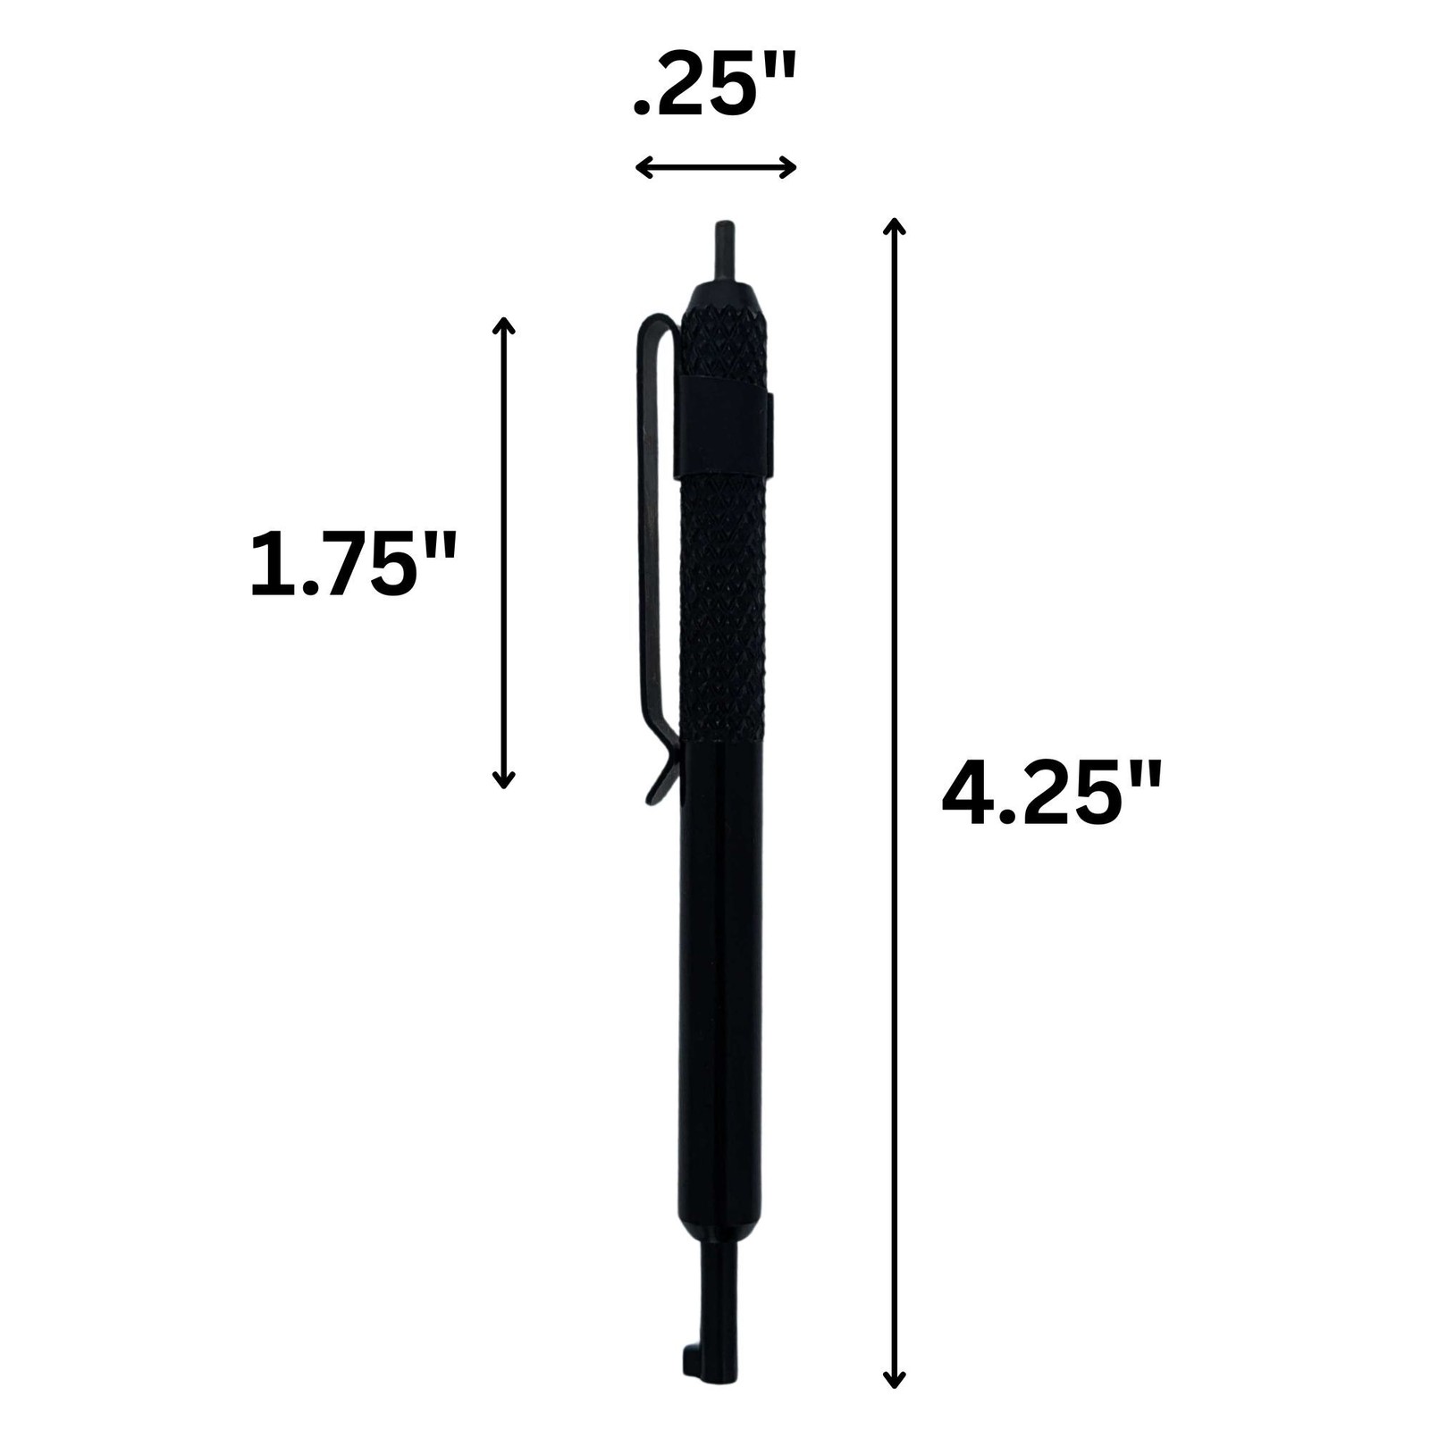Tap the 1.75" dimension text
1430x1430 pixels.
coord(352,563)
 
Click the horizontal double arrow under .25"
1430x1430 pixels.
coord(715,166)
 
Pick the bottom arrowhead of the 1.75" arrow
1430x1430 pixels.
coord(504,778)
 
